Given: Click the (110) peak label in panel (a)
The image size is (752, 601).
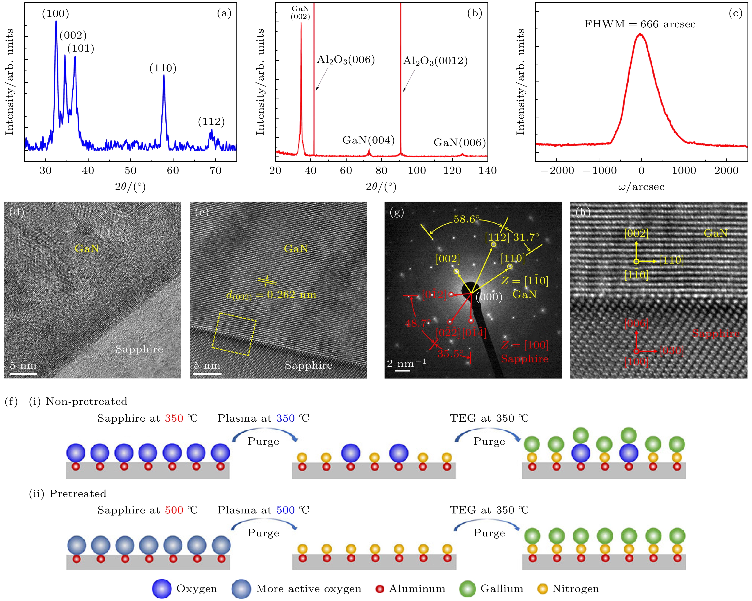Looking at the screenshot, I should pyautogui.click(x=163, y=68).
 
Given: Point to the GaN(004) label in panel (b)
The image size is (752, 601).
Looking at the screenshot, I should pyautogui.click(x=368, y=140).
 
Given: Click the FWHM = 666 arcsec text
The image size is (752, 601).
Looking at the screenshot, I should pyautogui.click(x=640, y=24).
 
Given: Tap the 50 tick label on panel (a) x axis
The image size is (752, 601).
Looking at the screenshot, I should pyautogui.click(x=130, y=170).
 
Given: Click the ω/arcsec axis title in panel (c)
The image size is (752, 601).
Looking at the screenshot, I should pyautogui.click(x=641, y=187).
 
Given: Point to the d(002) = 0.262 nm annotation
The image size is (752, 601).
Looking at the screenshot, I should pyautogui.click(x=271, y=295).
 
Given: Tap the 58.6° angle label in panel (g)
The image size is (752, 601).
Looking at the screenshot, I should pyautogui.click(x=466, y=219).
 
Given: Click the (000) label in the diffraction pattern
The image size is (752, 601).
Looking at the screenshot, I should pyautogui.click(x=489, y=297).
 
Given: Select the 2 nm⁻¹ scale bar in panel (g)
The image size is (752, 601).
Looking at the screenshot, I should pyautogui.click(x=402, y=370).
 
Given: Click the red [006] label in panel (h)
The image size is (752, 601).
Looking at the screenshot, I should pyautogui.click(x=636, y=323).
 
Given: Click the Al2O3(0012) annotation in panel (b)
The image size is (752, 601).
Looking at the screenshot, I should pyautogui.click(x=435, y=61).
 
